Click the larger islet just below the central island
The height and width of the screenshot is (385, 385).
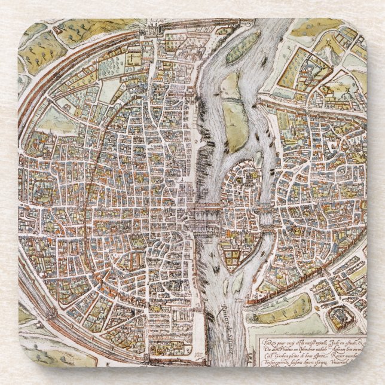point(238,281)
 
